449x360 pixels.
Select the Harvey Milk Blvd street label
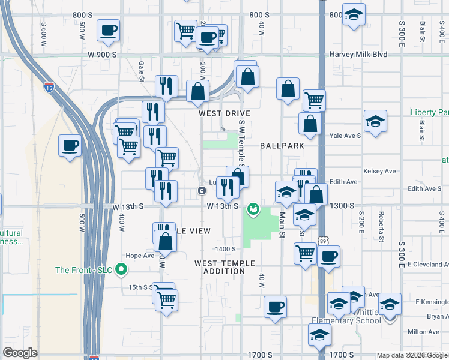pyautogui.click(x=358, y=55)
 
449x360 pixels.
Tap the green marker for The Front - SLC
pyautogui.click(x=122, y=269)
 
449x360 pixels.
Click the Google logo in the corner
pyautogui.click(x=20, y=353)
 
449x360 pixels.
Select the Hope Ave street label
pyautogui.click(x=140, y=256)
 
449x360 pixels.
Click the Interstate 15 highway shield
pyautogui.click(x=47, y=88)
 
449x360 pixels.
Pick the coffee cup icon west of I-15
pyautogui.click(x=70, y=145)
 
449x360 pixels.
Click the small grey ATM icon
pyautogui.click(x=202, y=191)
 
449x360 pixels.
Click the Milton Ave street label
pyautogui.click(x=423, y=332)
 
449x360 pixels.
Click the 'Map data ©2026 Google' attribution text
pyautogui.click(x=412, y=355)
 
